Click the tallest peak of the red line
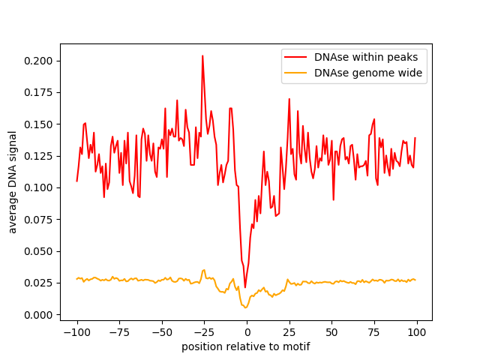point(202,56)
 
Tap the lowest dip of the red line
point(245,287)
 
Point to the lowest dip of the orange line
point(245,307)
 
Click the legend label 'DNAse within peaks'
point(366,57)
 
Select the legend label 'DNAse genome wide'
point(368,73)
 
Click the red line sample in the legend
point(295,57)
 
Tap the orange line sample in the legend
point(295,73)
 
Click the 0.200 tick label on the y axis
point(38,61)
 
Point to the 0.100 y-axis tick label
point(38,187)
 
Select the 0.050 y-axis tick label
point(38,251)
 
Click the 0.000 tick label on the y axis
point(38,315)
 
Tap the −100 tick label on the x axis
point(76,332)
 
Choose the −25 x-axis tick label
point(204,332)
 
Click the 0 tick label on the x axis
point(247,332)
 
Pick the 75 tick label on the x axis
point(374,332)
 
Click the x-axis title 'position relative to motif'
point(246,346)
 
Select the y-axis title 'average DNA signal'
point(12,182)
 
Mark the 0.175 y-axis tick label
point(38,92)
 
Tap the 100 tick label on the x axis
point(417,332)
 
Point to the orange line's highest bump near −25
point(203,270)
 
